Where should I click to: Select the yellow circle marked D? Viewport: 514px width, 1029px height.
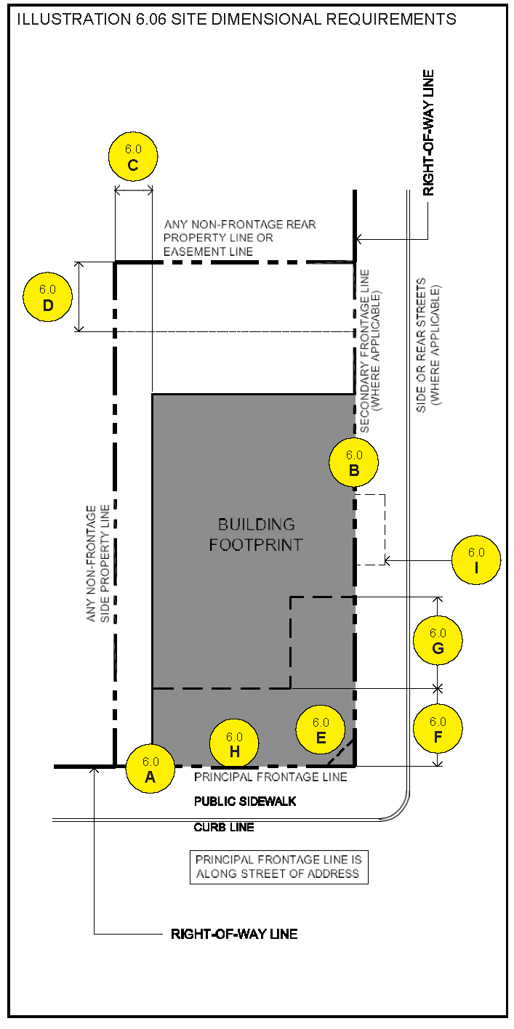click(48, 298)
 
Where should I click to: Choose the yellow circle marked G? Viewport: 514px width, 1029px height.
click(438, 641)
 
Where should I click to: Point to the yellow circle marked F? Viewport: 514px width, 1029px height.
click(438, 729)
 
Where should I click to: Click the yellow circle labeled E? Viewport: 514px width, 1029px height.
click(321, 730)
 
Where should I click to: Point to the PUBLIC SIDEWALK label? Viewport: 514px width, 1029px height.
click(245, 802)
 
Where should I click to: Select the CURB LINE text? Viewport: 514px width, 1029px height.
click(224, 827)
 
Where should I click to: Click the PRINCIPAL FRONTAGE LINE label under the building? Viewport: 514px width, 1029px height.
click(270, 777)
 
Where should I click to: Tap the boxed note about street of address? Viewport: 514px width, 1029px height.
click(279, 866)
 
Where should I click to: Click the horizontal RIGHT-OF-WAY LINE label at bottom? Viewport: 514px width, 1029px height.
click(234, 934)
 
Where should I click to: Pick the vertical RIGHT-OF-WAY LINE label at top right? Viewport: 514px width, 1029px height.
click(428, 132)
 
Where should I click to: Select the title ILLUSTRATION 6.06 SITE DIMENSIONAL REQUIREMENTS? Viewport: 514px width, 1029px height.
click(237, 19)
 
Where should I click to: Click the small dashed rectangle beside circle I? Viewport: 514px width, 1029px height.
click(370, 529)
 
